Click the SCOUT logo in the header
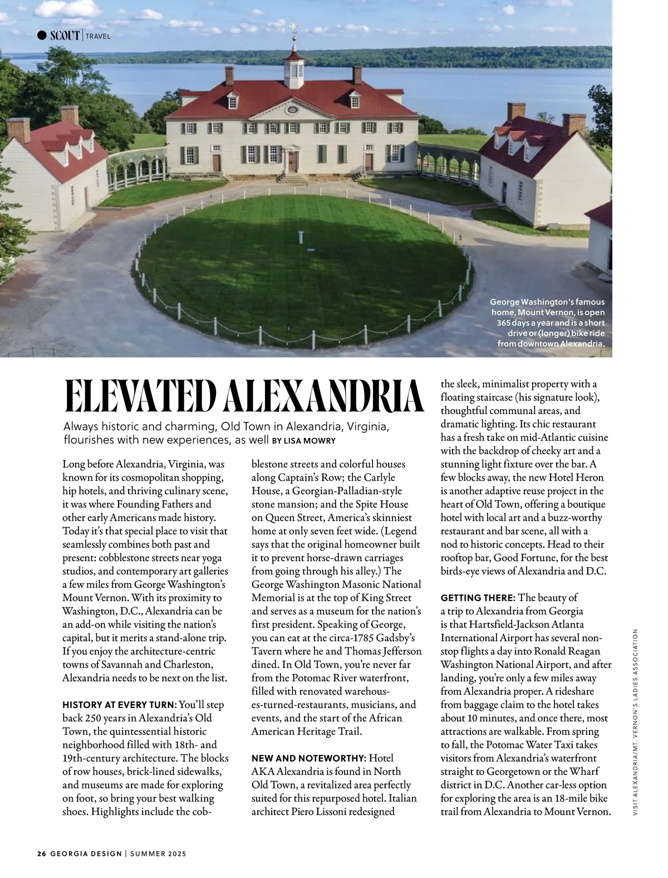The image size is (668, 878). click(x=65, y=36)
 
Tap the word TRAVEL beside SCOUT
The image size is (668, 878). click(x=99, y=36)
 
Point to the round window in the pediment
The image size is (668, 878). click(x=292, y=109)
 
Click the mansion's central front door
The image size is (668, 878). click(x=293, y=161)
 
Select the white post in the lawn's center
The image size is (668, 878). click(x=302, y=236)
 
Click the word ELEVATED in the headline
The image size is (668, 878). click(x=141, y=396)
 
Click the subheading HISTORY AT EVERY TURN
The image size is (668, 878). click(x=120, y=705)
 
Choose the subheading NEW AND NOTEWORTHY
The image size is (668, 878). click(x=309, y=758)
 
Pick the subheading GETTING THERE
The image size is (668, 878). click(x=478, y=598)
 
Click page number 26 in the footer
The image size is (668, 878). click(x=41, y=853)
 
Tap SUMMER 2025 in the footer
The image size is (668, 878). click(x=158, y=853)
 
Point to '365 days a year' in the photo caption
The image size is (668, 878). click(x=523, y=323)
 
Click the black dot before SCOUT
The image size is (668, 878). click(x=42, y=36)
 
